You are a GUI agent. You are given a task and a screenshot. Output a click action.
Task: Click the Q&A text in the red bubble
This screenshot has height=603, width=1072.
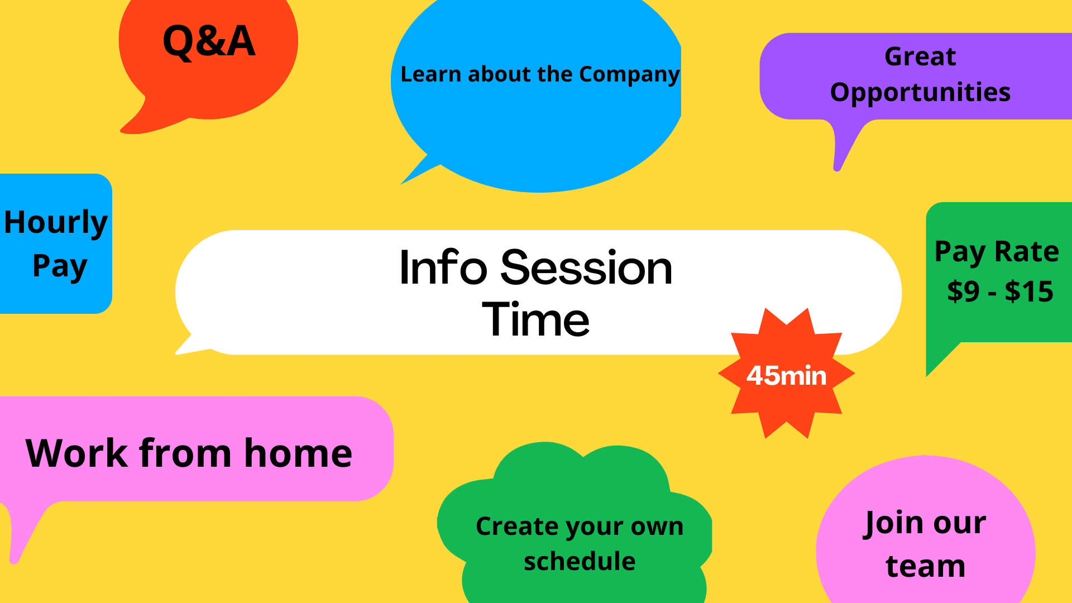click(x=209, y=41)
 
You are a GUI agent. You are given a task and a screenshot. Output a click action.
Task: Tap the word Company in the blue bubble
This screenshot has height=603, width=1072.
click(x=629, y=75)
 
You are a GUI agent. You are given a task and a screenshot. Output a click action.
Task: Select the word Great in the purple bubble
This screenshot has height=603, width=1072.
click(x=920, y=56)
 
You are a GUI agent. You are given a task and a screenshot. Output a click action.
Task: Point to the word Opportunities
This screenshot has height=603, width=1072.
click(x=920, y=93)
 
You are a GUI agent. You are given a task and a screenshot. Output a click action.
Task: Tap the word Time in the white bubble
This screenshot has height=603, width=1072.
click(x=535, y=319)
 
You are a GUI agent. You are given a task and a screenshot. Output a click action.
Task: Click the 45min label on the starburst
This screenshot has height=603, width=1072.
click(x=786, y=376)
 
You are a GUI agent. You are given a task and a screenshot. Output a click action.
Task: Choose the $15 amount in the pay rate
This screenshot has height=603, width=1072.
click(x=1029, y=291)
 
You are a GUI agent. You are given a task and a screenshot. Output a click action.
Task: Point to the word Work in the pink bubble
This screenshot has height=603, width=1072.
click(x=77, y=453)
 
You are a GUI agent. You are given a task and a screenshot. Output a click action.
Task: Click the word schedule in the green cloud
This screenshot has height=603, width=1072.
click(x=580, y=562)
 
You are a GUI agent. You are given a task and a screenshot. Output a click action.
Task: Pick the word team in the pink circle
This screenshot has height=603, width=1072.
click(x=925, y=566)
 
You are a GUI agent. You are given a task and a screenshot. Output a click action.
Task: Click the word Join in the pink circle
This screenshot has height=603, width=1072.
click(x=892, y=524)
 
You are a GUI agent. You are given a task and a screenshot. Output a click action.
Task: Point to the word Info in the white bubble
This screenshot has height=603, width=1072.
click(x=443, y=267)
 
